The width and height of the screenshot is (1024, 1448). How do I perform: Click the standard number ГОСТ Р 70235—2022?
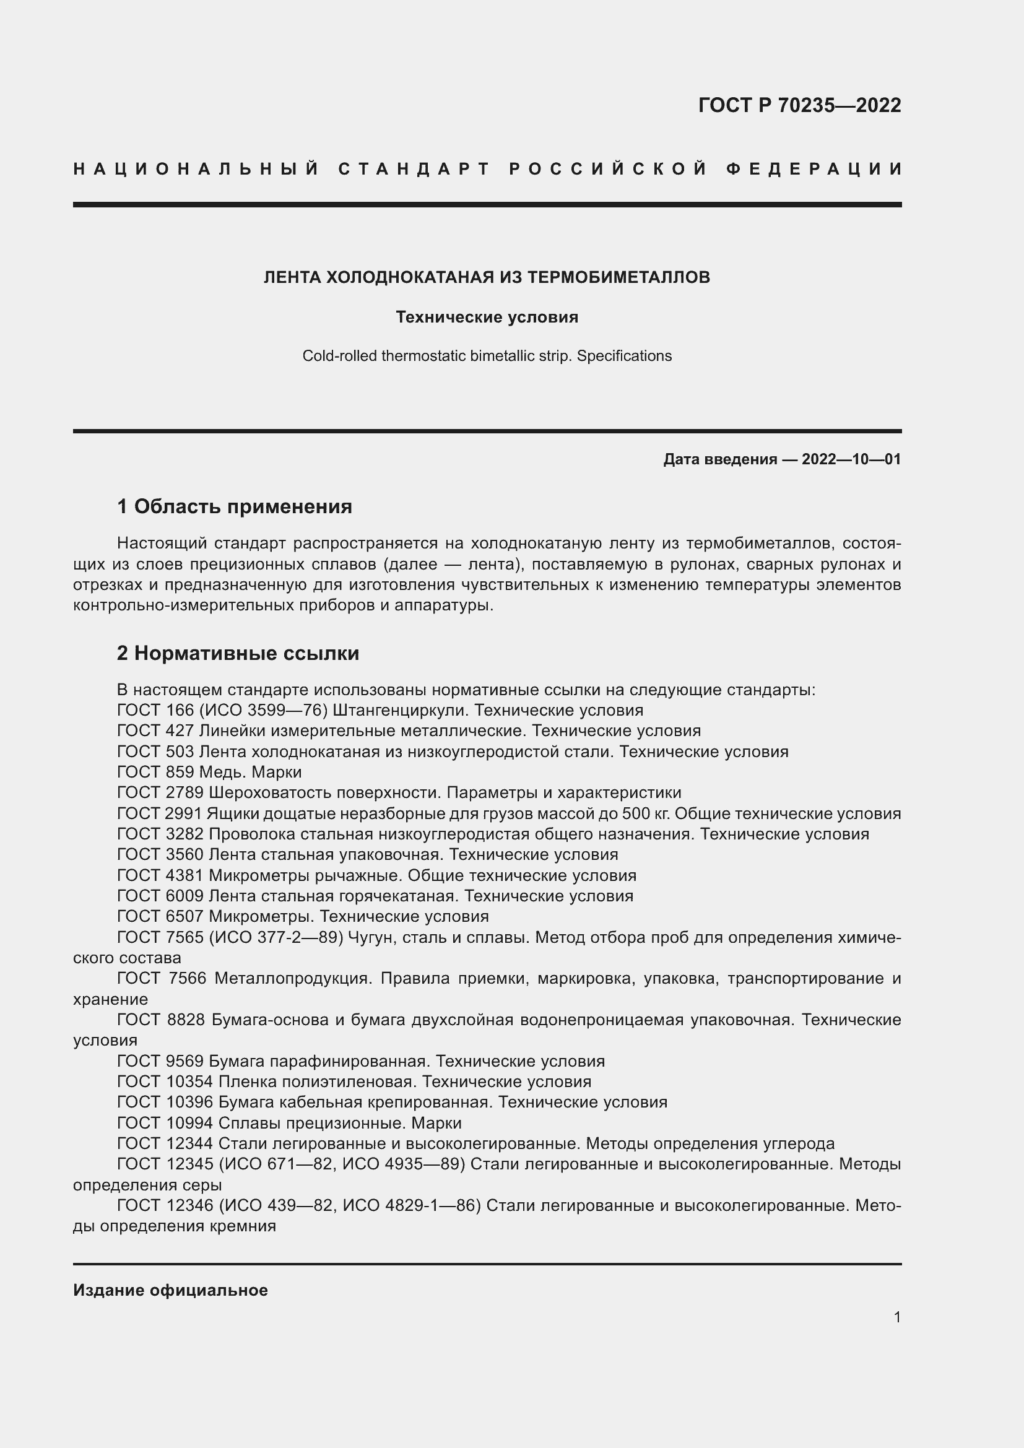799,105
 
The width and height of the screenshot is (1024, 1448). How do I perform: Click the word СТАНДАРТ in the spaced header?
414,169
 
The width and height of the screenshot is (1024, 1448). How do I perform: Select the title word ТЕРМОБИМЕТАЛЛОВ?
618,277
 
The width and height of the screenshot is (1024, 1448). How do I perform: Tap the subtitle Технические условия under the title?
487,317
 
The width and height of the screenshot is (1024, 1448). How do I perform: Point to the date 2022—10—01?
851,459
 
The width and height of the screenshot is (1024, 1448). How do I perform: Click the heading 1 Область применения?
235,506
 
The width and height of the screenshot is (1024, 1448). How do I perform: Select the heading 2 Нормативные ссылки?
238,653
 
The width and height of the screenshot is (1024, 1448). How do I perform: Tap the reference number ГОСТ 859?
156,773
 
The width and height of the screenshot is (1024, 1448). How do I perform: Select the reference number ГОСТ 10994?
165,1123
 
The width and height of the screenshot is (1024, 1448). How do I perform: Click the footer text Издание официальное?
170,1290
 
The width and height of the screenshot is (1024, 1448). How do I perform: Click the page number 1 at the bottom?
897,1317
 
